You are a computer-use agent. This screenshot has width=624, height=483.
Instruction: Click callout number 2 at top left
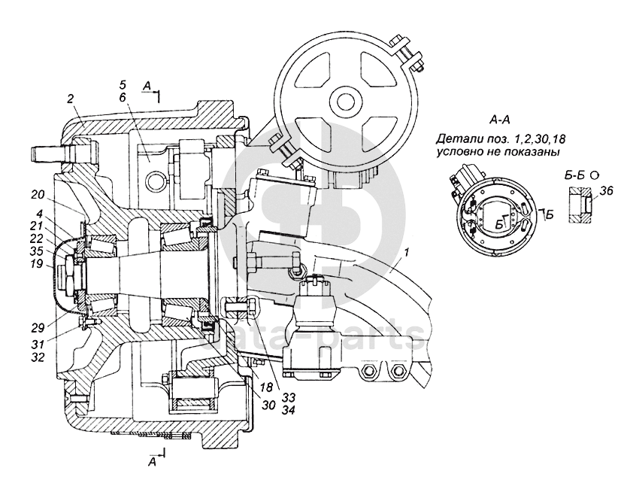(x=70, y=99)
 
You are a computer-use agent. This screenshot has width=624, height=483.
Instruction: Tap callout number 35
(x=37, y=251)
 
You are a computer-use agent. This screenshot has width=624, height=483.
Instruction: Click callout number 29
(x=38, y=329)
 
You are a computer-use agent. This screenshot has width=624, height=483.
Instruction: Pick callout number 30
(x=268, y=405)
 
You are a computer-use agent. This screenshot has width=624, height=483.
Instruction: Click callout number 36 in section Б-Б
(x=607, y=191)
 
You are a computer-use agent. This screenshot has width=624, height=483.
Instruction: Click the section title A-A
(x=500, y=120)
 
